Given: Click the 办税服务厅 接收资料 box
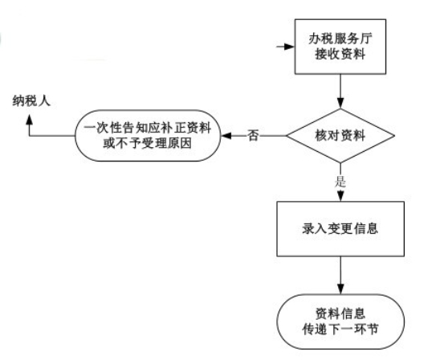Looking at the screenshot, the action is (x=340, y=47).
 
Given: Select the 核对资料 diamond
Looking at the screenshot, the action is (x=340, y=136).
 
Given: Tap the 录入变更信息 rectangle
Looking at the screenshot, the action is (x=340, y=229).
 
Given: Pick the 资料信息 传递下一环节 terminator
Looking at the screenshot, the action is (x=340, y=321).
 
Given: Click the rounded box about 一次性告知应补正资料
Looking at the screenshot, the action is (x=148, y=136).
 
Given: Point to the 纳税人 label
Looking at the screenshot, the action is (x=31, y=101).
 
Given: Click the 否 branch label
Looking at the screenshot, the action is (x=253, y=135).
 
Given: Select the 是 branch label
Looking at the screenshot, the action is (x=340, y=181).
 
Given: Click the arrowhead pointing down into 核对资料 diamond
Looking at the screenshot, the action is (x=340, y=104).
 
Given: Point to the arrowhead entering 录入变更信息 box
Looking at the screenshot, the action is (x=340, y=196).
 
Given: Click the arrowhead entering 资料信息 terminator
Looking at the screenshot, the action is (x=340, y=288).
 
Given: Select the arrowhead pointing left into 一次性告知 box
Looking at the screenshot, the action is (x=226, y=136).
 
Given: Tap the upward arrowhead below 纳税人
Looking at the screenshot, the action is (x=29, y=120).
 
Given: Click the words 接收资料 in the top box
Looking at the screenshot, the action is (x=340, y=54).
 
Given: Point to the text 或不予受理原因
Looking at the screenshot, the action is (x=147, y=143).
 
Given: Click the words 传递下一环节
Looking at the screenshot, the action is (x=340, y=329).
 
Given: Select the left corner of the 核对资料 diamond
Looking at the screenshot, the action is (x=287, y=136).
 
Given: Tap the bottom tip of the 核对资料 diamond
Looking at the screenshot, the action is (x=340, y=163).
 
